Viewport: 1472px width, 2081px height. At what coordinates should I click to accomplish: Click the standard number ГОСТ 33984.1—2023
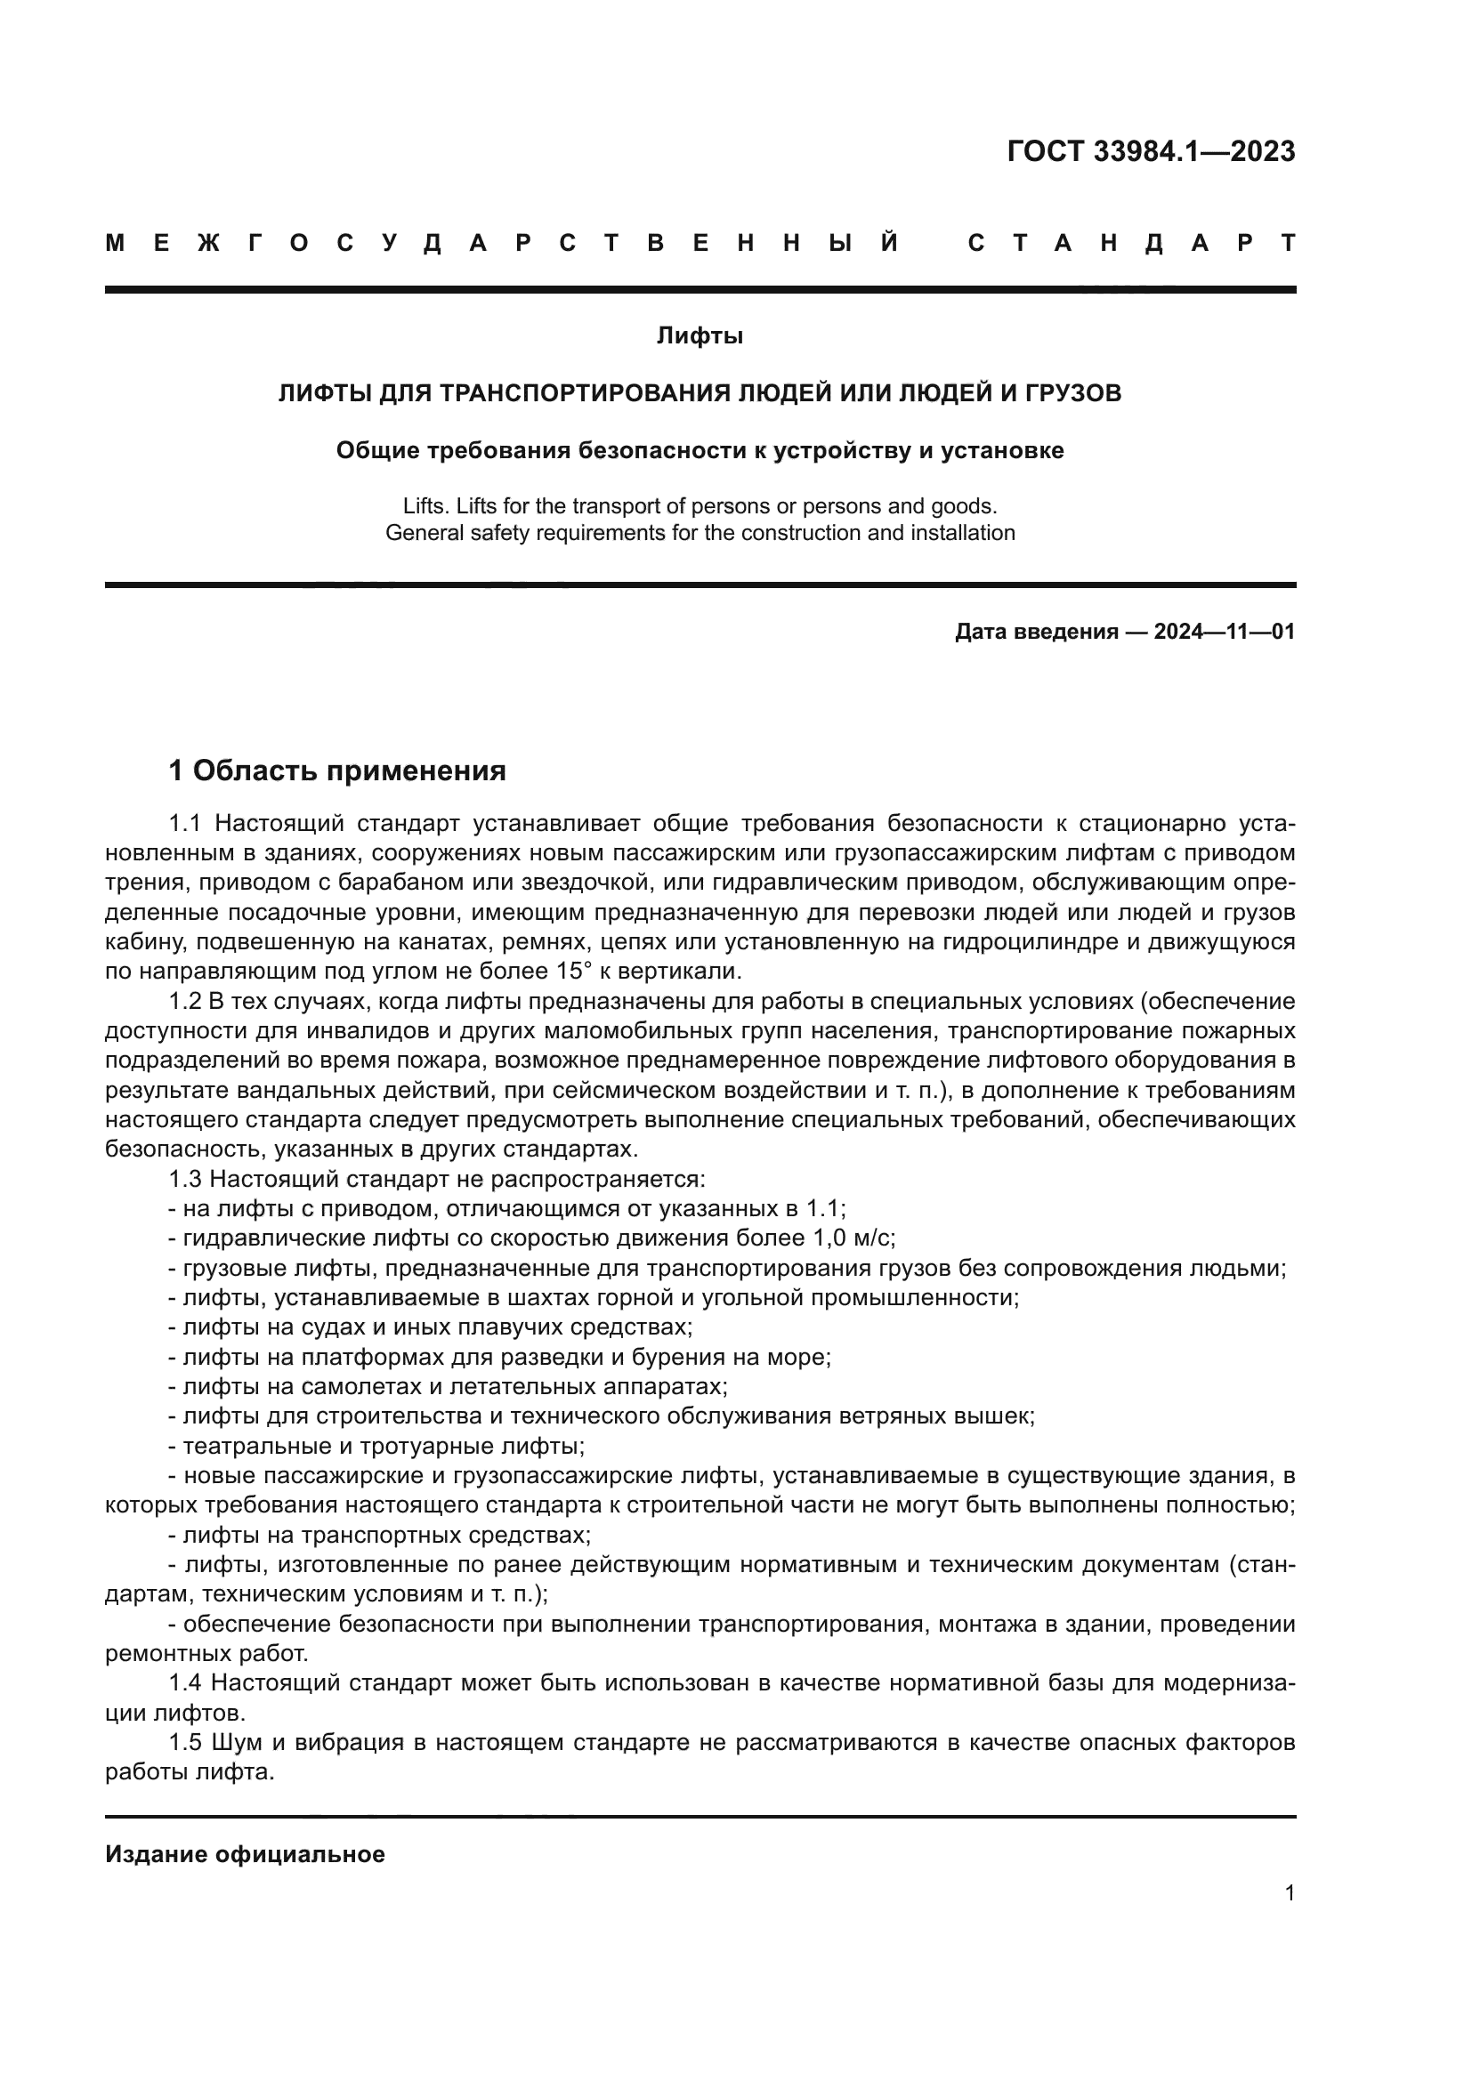[1150, 151]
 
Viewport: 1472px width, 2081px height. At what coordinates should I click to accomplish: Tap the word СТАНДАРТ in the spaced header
[1132, 243]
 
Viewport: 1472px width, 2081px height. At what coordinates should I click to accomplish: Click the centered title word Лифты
[700, 336]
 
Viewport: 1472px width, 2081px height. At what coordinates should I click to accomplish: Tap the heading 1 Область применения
[337, 771]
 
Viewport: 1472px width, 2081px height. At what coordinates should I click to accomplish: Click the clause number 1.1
[184, 823]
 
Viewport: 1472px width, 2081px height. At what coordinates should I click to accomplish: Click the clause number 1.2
[184, 1001]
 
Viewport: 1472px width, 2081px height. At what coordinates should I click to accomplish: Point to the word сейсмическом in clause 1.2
[558, 1090]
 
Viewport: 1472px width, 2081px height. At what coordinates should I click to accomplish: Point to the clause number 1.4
[184, 1683]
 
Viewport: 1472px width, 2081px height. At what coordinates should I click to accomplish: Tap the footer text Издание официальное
[245, 1853]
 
